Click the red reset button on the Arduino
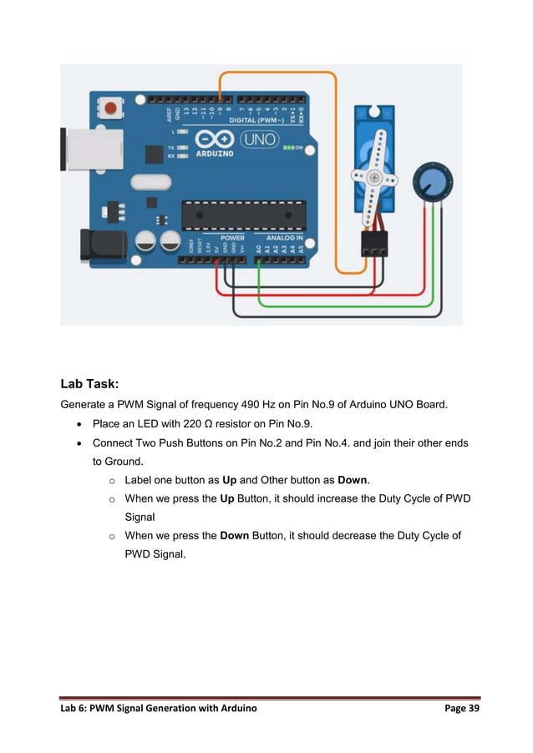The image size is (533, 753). click(x=111, y=109)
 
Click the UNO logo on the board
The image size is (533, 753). click(x=260, y=139)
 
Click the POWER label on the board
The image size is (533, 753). click(x=231, y=237)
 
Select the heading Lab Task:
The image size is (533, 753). click(x=89, y=385)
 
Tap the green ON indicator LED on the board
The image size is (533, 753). click(x=287, y=147)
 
